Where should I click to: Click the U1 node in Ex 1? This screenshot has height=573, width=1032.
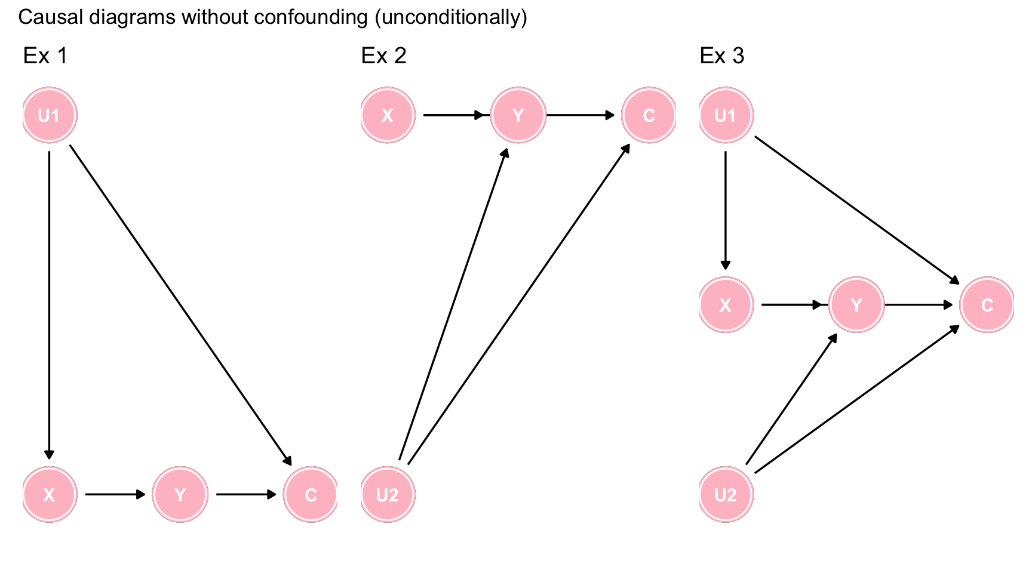point(50,115)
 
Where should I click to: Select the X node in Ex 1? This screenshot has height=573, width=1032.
point(50,494)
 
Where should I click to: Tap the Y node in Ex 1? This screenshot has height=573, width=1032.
point(180,494)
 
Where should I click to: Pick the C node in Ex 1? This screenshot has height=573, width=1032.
point(311,494)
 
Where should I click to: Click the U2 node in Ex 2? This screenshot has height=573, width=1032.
point(388,494)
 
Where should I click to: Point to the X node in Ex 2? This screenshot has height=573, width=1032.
point(388,115)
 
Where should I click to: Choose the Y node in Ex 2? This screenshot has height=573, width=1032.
point(518,115)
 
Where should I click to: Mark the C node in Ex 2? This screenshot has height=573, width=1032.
point(649,115)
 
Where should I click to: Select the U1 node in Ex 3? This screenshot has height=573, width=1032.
point(726,115)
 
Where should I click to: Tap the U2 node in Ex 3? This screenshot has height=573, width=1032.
point(726,494)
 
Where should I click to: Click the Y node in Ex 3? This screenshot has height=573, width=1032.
point(856,305)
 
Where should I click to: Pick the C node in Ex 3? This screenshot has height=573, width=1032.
point(987,305)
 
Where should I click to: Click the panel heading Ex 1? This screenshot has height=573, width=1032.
point(45,56)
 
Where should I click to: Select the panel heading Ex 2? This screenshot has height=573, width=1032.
point(383,56)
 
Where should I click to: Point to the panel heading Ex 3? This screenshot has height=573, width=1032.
point(722,56)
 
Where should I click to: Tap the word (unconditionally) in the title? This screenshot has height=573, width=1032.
point(451,17)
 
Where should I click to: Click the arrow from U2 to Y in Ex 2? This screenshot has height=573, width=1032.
point(453,304)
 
